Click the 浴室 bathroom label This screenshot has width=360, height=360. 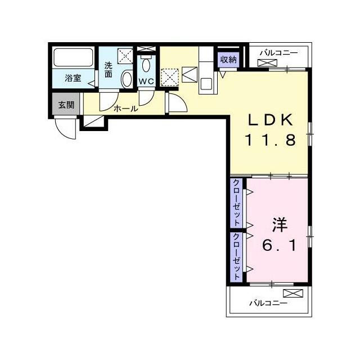73,78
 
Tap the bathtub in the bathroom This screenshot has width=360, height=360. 73,57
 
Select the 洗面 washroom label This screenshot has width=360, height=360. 108,70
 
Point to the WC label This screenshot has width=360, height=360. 146,82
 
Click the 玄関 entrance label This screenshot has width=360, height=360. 66,105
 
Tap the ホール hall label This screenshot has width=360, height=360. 125,109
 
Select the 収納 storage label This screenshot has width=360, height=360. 228,60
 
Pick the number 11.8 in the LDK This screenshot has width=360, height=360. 271,140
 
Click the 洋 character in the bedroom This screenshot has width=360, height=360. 280,225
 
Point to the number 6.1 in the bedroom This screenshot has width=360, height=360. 279,246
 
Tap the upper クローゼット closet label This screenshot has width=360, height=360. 236,203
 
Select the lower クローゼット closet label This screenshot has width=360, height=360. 236,256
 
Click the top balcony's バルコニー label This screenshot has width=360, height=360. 279,53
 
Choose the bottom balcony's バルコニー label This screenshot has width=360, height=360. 268,303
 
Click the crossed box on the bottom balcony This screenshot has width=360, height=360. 293,293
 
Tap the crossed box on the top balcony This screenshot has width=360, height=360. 267,62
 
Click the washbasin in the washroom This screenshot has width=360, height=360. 127,79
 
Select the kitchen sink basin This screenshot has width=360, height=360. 206,84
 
